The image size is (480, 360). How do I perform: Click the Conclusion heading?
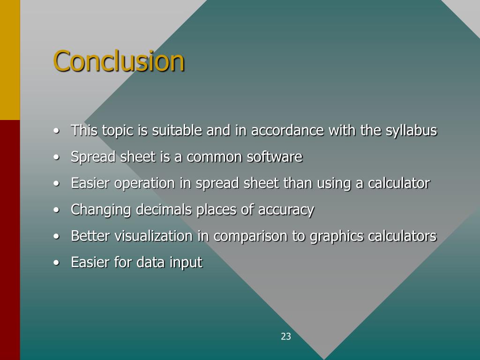[x=119, y=61]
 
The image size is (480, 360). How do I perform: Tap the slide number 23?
[x=286, y=336]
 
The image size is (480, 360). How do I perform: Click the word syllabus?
[x=411, y=131]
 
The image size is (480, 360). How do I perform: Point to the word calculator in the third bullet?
[x=398, y=183]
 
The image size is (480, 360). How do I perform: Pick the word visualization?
[x=155, y=236]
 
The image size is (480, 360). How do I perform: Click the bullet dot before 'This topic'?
[x=56, y=131]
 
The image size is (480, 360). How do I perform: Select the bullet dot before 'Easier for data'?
[x=56, y=263]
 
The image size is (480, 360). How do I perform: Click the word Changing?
[x=101, y=210]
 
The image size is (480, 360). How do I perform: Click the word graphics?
[x=337, y=236]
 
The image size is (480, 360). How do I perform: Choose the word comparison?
[x=251, y=236]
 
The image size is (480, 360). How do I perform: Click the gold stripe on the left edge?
[x=10, y=60]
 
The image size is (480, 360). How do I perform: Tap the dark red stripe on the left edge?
[x=10, y=239]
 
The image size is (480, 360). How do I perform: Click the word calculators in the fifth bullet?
[x=402, y=236]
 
